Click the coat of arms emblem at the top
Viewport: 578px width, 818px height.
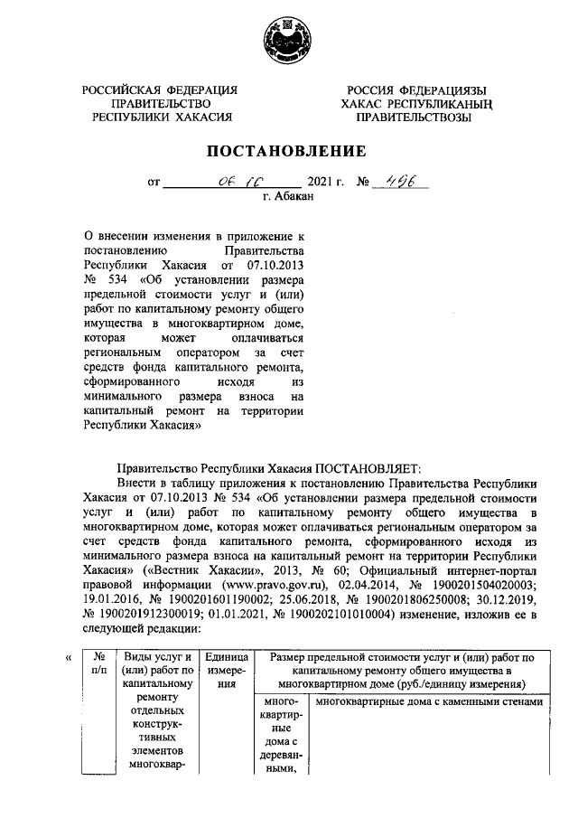pos(288,40)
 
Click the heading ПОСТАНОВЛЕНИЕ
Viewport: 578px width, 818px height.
pos(288,151)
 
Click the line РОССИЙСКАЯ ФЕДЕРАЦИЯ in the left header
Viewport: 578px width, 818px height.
pos(160,90)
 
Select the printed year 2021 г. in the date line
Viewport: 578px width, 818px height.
pos(326,183)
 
